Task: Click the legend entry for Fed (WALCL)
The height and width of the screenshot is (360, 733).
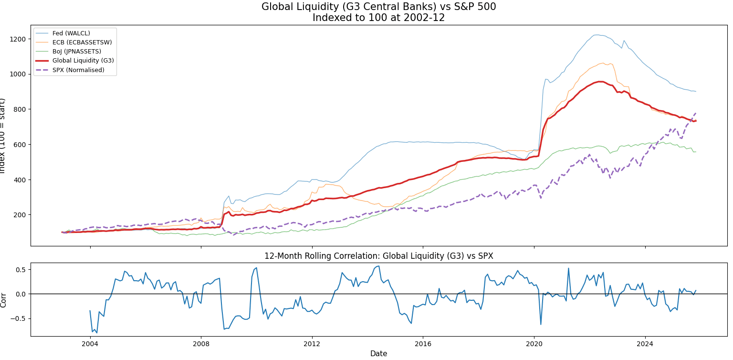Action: coord(71,33)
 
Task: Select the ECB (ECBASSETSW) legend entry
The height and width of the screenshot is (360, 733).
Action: coord(82,42)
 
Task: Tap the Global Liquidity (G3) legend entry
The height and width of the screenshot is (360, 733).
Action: coord(83,61)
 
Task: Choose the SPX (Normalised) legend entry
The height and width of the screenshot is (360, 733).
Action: coord(78,70)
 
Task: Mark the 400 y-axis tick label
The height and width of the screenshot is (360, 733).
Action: coord(21,180)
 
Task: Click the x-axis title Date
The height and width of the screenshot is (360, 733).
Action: coord(378,354)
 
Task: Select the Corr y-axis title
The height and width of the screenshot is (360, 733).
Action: coord(4,300)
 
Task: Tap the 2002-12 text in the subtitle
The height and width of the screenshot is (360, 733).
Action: coord(428,18)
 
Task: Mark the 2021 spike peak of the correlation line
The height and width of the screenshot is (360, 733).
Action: coord(568,268)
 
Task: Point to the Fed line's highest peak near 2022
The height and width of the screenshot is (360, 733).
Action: coord(596,35)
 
